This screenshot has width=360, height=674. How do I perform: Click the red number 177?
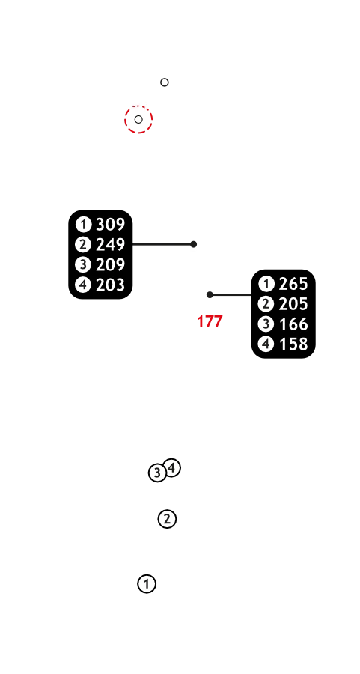tap(210, 321)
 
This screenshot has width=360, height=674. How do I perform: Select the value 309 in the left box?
tap(111, 225)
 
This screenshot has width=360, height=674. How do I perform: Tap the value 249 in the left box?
tap(111, 245)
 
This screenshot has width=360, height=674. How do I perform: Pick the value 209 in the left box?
tap(111, 264)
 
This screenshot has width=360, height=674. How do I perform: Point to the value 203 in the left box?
tap(111, 285)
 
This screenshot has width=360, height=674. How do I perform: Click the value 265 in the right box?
tap(293, 284)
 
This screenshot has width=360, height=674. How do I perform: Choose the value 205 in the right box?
tap(293, 304)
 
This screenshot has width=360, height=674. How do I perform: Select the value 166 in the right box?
tap(293, 324)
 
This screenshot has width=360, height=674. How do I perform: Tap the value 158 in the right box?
tap(293, 344)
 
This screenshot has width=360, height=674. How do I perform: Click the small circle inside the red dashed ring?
tap(138, 120)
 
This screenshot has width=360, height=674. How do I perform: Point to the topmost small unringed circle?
tap(165, 82)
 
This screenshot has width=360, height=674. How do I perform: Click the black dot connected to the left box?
tap(193, 244)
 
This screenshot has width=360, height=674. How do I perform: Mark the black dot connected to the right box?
tap(210, 295)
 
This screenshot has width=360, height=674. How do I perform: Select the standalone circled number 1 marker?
tap(147, 584)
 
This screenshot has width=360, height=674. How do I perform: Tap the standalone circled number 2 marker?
tap(167, 519)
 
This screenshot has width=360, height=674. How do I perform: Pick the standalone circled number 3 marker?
tap(157, 473)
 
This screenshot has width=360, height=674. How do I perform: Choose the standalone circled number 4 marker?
tap(172, 467)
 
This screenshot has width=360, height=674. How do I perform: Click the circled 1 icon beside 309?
tap(83, 225)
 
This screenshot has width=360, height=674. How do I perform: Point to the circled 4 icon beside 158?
tap(266, 344)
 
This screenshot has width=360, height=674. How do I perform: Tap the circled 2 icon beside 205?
tap(266, 304)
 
